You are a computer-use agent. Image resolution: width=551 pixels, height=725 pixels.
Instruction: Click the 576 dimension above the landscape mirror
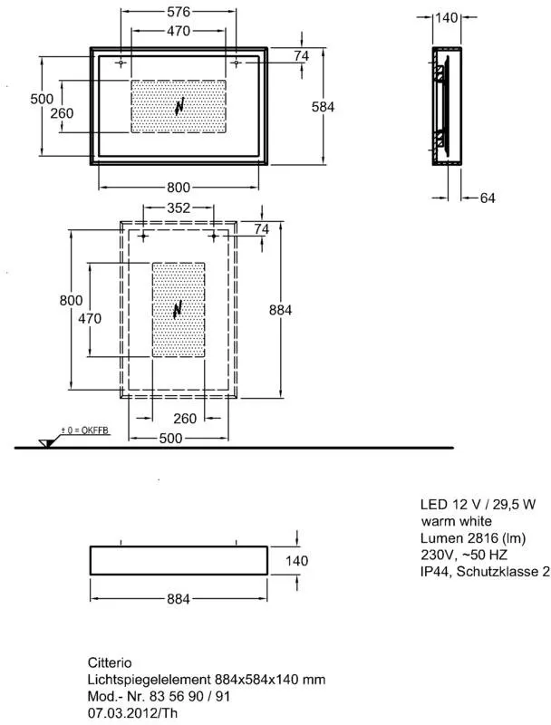(179, 13)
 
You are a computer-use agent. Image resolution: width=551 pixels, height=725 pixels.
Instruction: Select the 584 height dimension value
(324, 106)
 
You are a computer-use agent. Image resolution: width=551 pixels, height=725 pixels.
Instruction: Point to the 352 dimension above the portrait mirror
(179, 208)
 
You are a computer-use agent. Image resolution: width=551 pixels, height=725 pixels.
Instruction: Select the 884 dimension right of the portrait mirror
(281, 310)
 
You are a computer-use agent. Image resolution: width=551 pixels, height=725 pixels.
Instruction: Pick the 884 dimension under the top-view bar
(179, 598)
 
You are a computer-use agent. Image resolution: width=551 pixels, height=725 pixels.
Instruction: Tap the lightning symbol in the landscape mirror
(179, 107)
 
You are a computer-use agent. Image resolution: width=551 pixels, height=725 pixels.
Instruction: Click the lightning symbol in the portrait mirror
(178, 310)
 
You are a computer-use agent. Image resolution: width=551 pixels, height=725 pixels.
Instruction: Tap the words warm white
(457, 521)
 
